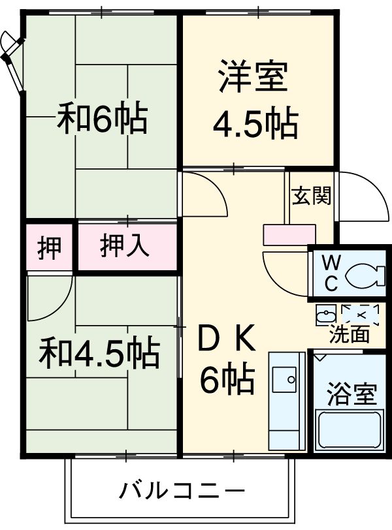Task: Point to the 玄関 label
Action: [x=311, y=196]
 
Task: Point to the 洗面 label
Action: [x=349, y=335]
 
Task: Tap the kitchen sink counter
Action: [x=286, y=402]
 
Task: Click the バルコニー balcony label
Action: [x=182, y=489]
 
